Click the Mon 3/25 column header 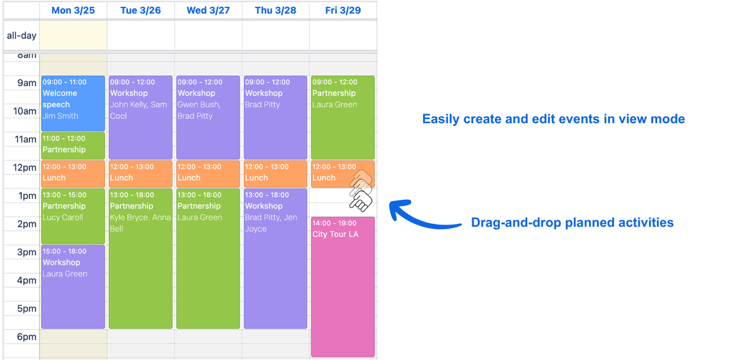[73, 10]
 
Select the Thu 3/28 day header [275, 10]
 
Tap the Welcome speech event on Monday [73, 103]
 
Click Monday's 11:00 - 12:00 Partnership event [73, 146]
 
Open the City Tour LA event [342, 286]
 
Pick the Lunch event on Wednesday [208, 174]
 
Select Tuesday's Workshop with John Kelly [141, 117]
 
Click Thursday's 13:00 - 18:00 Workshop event [275, 258]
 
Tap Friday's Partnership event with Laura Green [342, 117]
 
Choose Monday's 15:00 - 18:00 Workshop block [73, 286]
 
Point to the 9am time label [27, 83]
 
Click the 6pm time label [27, 337]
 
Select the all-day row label [22, 36]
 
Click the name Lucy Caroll [62, 218]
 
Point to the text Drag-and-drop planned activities [572, 222]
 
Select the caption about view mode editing [553, 119]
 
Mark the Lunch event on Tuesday [141, 174]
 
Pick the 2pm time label [27, 224]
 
